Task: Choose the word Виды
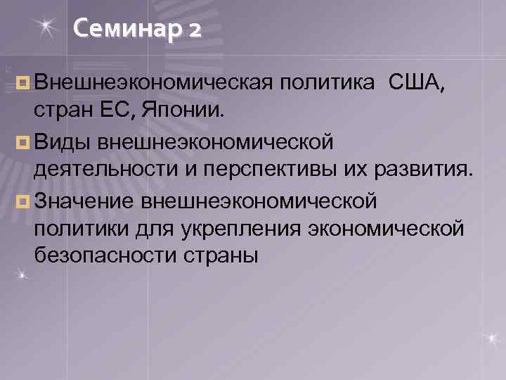(x=63, y=144)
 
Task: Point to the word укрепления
(x=251, y=228)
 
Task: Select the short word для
(x=157, y=228)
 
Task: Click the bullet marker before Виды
(x=24, y=144)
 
